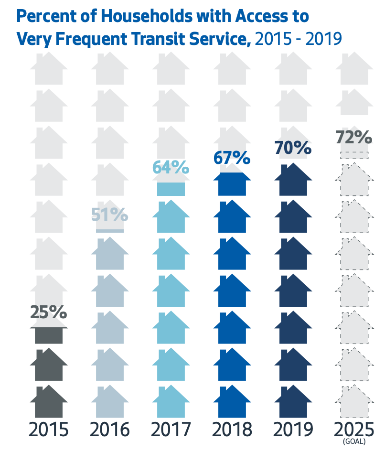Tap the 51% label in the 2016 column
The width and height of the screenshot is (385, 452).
click(109, 214)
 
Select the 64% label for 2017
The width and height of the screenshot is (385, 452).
click(171, 168)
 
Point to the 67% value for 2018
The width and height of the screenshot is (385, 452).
click(232, 158)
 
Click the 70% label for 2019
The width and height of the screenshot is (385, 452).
click(293, 148)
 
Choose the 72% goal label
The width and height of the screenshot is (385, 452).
click(354, 137)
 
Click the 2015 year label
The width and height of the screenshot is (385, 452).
click(48, 430)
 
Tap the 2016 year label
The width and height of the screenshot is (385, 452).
click(109, 430)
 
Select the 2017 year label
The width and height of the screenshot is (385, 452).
click(171, 430)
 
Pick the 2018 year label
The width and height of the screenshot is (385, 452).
click(232, 430)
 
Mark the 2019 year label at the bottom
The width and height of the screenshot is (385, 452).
click(293, 430)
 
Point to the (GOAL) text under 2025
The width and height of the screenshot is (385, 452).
click(354, 443)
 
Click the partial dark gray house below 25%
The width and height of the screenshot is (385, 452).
click(48, 335)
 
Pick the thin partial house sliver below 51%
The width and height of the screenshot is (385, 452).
click(109, 230)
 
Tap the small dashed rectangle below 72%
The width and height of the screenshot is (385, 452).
click(354, 155)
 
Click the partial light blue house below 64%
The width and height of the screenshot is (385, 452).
click(171, 189)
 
